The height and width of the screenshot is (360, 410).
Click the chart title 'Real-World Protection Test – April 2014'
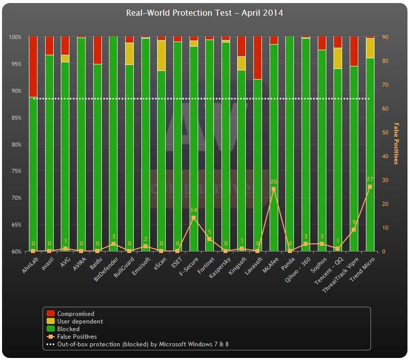pos(204,13)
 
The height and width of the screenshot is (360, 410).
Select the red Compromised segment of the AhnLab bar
pos(33,66)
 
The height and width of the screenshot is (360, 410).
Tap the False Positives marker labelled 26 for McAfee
pos(274,189)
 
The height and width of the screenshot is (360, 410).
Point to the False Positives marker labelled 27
pos(370,187)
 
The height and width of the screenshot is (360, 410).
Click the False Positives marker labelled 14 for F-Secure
pos(193,218)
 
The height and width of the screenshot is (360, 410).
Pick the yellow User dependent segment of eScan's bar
pos(161,55)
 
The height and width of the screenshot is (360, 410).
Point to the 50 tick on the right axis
pos(385,132)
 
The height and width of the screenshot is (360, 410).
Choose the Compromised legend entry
pos(76,314)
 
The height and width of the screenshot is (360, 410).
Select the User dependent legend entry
pos(80,321)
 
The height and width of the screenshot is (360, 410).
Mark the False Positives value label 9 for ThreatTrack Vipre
pos(354,222)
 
